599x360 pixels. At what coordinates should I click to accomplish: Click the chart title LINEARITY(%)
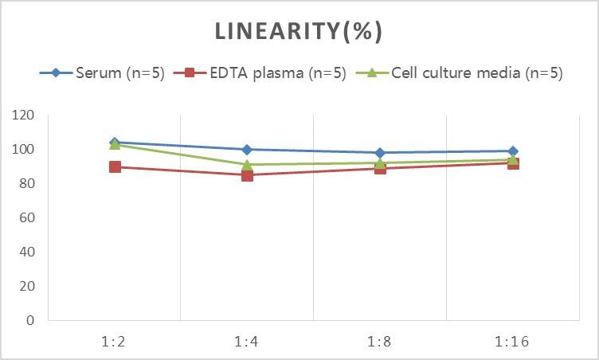click(x=299, y=31)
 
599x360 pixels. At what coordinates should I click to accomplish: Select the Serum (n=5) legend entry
click(x=119, y=73)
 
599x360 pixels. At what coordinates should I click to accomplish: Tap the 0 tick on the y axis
click(x=31, y=320)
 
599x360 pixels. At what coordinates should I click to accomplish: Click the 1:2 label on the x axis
click(x=115, y=342)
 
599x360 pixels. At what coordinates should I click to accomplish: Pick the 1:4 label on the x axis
click(x=247, y=342)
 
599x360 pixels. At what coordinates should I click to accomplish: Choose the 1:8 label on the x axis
click(x=380, y=342)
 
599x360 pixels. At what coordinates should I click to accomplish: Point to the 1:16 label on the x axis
click(x=512, y=342)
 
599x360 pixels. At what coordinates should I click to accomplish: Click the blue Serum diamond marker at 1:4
click(x=247, y=150)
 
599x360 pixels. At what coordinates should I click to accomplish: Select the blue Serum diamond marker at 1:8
click(x=380, y=153)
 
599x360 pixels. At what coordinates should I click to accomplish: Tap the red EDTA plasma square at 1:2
click(x=115, y=167)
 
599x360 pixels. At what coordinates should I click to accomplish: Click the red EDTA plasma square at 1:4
click(x=247, y=175)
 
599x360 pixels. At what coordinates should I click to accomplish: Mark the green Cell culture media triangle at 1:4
click(x=247, y=165)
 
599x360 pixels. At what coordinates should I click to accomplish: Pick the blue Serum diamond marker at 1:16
click(x=512, y=151)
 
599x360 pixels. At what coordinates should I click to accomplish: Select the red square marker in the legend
click(x=190, y=73)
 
